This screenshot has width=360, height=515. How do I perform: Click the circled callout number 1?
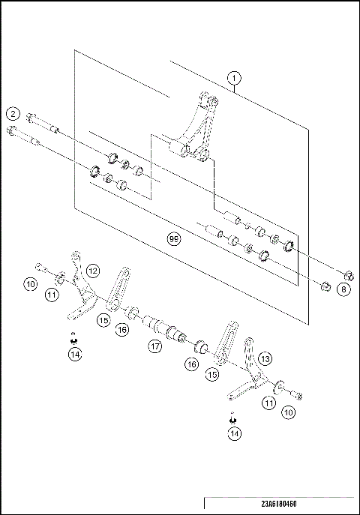(x=235, y=77)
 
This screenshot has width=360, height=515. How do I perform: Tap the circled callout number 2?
(x=13, y=114)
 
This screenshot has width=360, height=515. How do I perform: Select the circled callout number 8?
(x=343, y=289)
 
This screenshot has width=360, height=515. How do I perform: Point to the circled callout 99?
(x=174, y=239)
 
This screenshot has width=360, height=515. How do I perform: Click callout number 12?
(x=92, y=270)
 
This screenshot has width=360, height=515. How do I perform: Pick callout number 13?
(x=264, y=359)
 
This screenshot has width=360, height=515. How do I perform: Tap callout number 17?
(x=154, y=347)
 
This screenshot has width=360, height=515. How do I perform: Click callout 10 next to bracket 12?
(x=31, y=283)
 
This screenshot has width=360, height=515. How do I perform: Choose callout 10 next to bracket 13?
(x=288, y=412)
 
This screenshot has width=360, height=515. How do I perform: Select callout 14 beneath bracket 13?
(x=235, y=433)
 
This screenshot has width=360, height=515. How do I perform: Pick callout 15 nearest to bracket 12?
(x=103, y=319)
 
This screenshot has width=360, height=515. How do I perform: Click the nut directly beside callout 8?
(x=324, y=286)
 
